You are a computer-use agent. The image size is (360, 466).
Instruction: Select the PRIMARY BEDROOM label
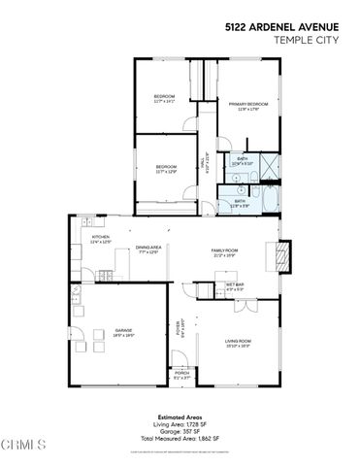tap(248, 106)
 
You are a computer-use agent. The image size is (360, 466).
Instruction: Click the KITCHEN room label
tap(100, 237)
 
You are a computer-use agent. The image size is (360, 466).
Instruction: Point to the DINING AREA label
tap(148, 249)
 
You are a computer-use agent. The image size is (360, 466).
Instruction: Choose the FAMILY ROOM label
tap(225, 251)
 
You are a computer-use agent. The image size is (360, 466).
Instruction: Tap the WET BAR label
tap(235, 286)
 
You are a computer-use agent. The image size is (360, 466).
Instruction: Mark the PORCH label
tap(181, 373)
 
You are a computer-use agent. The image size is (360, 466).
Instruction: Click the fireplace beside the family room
tap(284, 254)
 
